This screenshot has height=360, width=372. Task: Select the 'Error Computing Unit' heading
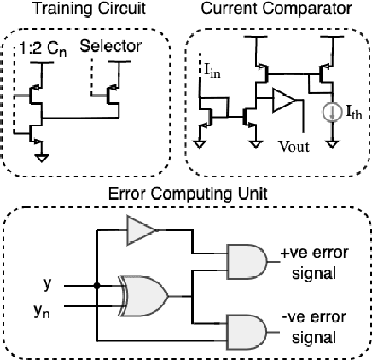(x=185, y=194)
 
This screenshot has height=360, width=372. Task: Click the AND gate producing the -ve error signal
(x=243, y=329)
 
